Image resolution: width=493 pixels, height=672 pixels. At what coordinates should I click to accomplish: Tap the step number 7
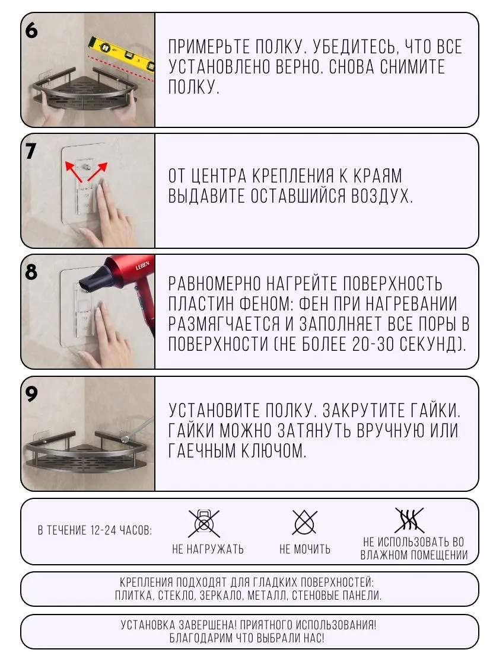31,151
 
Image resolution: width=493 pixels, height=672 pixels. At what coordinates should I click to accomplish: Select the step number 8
31,272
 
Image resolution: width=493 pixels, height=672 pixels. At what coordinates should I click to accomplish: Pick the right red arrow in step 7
97,171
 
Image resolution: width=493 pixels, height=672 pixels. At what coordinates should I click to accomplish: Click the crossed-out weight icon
204,523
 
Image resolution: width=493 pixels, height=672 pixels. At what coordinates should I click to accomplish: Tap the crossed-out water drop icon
304,523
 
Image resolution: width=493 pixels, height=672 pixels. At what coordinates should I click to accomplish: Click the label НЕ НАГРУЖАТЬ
208,549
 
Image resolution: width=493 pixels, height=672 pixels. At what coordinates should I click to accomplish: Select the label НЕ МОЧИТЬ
304,549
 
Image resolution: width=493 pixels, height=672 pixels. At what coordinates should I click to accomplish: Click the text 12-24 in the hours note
103,530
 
